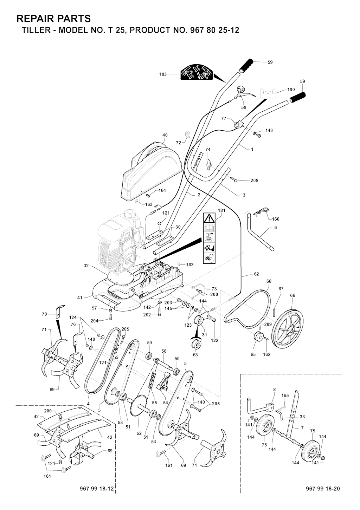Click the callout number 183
pyautogui.click(x=163, y=74)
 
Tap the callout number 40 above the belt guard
pyautogui.click(x=165, y=135)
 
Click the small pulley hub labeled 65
pyautogui.click(x=258, y=336)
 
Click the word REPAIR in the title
pyautogui.click(x=35, y=19)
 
